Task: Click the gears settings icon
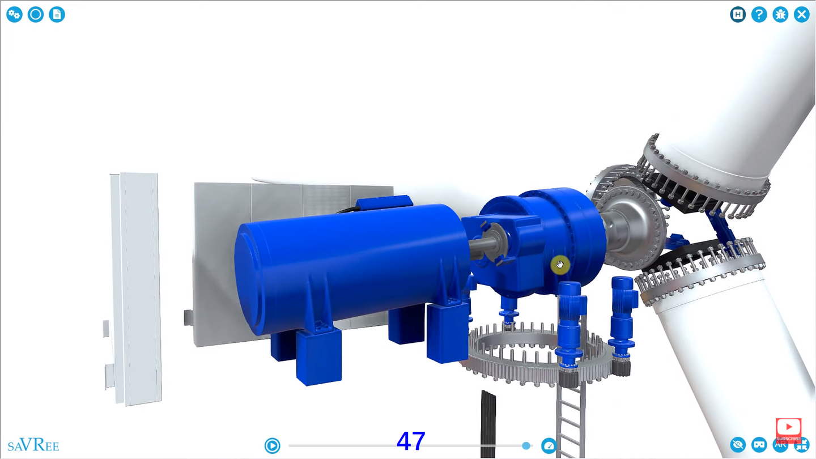pos(15,15)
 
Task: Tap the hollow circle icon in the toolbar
pos(36,15)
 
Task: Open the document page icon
pos(57,15)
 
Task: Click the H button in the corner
pos(738,15)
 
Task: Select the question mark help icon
pos(759,15)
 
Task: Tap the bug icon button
pos(780,15)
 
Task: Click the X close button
pos(801,15)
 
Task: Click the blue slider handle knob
pos(526,445)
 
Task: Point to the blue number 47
pos(410,441)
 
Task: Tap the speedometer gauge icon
pos(549,445)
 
